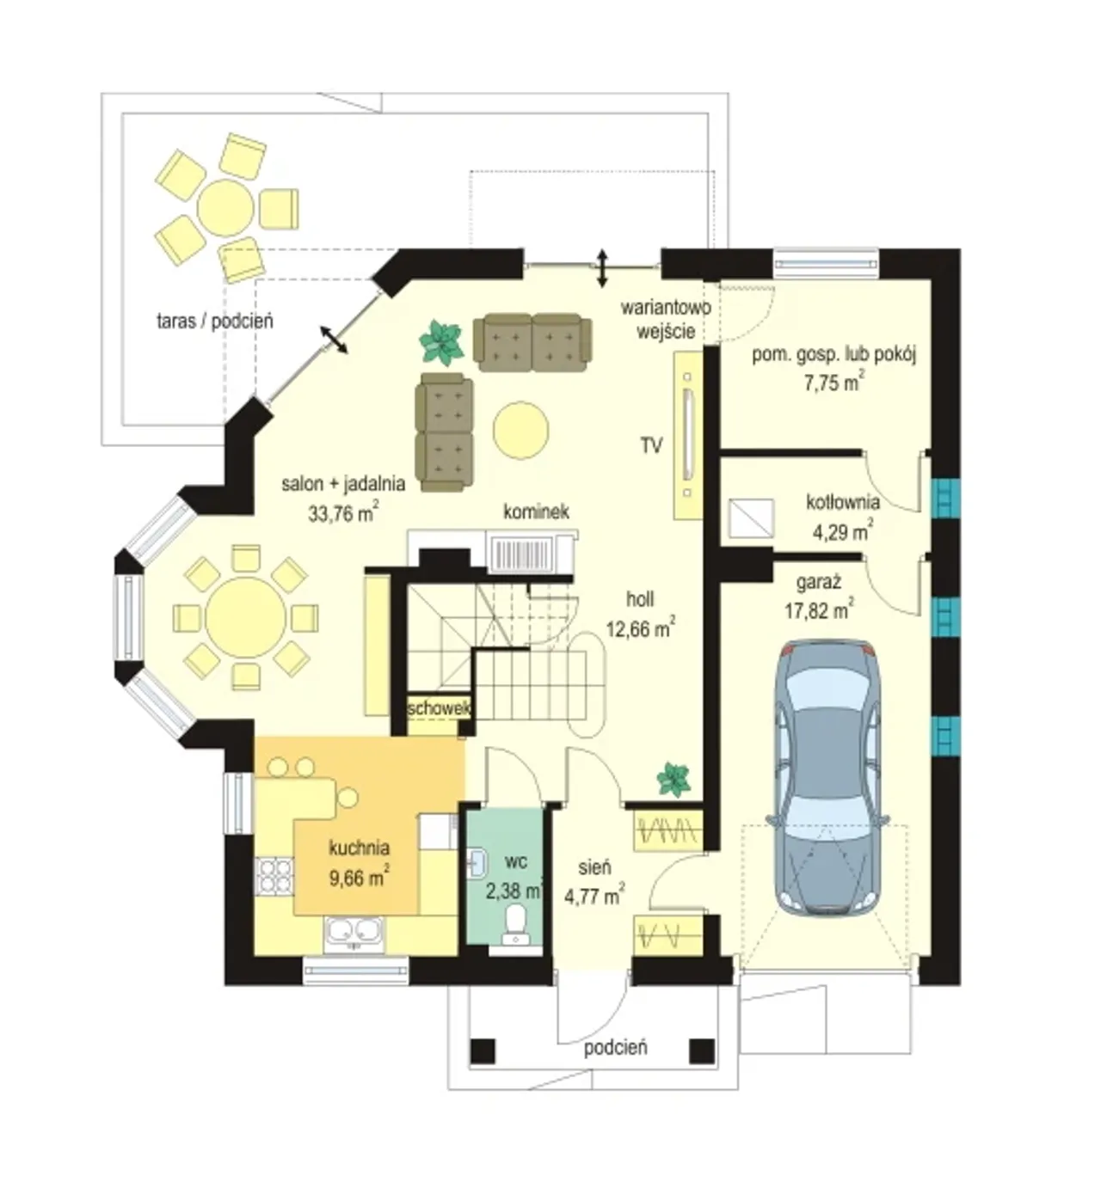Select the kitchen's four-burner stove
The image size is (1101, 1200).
(274, 876)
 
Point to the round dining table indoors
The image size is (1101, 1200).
(245, 618)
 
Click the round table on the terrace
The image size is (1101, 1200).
(225, 207)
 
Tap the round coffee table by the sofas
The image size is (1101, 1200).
(521, 430)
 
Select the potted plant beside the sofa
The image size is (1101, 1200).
(442, 343)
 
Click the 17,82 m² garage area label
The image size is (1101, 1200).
(819, 609)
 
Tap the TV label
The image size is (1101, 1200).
(651, 445)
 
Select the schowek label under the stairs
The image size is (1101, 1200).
(439, 709)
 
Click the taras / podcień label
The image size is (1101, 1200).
(215, 321)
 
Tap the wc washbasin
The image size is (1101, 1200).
(477, 862)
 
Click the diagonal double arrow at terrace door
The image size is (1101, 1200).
(334, 340)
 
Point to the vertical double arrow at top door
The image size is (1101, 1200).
(602, 267)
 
